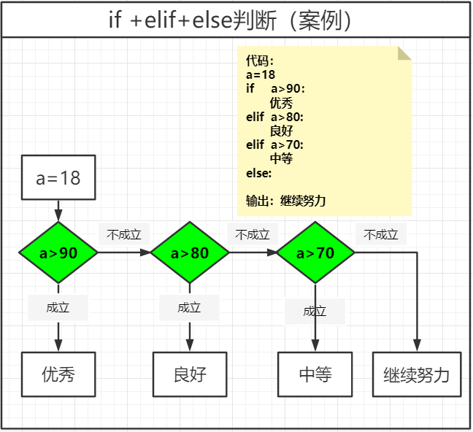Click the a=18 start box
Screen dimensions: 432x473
(58, 177)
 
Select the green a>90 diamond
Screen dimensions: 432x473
(58, 253)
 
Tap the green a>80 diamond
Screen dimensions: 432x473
(190, 253)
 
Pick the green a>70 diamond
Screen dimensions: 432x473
(315, 253)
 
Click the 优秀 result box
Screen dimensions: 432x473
(58, 375)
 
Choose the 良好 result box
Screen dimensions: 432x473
(190, 375)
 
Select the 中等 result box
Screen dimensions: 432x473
(315, 375)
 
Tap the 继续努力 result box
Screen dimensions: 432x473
(417, 375)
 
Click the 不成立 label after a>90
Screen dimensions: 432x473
(123, 235)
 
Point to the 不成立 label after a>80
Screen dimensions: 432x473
(253, 235)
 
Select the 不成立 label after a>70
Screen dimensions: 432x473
(381, 235)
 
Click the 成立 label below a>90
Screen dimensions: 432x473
(58, 307)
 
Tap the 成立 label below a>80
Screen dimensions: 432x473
(189, 307)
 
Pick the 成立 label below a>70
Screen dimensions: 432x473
(315, 312)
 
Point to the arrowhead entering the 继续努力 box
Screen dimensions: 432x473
(418, 345)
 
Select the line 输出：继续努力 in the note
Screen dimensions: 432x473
(286, 200)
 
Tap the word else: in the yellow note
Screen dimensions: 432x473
(259, 173)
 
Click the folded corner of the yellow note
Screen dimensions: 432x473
(404, 53)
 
